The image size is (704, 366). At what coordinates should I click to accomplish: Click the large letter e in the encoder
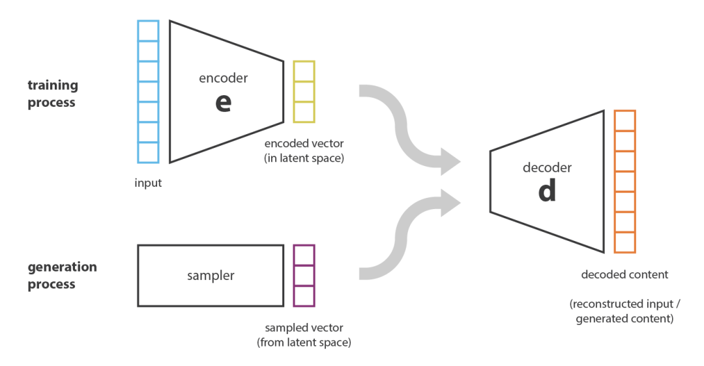coord(224,104)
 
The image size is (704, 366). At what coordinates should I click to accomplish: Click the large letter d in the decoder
coord(547,191)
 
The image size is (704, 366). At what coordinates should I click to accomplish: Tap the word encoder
coord(224,78)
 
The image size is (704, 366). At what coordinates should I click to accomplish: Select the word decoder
coord(547,168)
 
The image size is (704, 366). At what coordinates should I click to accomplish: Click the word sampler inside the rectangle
coord(211,275)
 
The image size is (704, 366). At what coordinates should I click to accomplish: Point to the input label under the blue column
coord(148,182)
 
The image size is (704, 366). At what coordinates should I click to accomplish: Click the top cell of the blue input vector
coord(148,31)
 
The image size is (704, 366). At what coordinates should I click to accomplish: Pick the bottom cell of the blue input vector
coord(148,152)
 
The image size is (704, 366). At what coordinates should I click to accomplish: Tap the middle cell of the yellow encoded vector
coord(304,91)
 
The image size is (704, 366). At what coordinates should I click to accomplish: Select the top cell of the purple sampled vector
coord(304,255)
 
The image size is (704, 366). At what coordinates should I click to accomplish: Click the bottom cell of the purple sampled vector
coord(304,296)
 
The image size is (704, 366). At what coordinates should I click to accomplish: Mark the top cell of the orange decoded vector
coord(624,120)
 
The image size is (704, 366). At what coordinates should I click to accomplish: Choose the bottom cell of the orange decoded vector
coord(624,243)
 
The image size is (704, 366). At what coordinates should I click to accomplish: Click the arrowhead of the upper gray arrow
coord(451,161)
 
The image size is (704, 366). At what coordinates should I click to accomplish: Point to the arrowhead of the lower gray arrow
coord(451,203)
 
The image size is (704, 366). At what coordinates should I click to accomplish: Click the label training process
coord(52,94)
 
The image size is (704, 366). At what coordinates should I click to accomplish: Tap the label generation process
coord(62,275)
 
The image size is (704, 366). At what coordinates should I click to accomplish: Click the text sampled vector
coord(304,327)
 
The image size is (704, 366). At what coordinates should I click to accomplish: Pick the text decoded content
coord(624,275)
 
